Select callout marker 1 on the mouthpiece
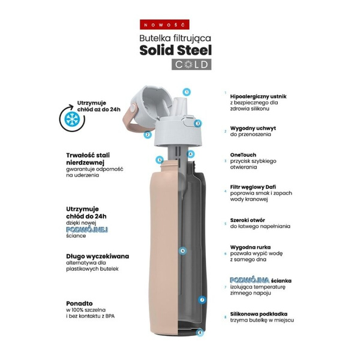pos(187,92)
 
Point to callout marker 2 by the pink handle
pos(147,135)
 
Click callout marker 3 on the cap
pos(197,123)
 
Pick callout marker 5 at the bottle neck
pos(159,160)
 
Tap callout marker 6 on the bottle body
pos(182,250)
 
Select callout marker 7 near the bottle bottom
pos(202,299)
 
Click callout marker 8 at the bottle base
pos(200,331)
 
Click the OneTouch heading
pos(243,154)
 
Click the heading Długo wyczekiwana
pos(97,256)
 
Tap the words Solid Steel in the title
pos(175,50)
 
